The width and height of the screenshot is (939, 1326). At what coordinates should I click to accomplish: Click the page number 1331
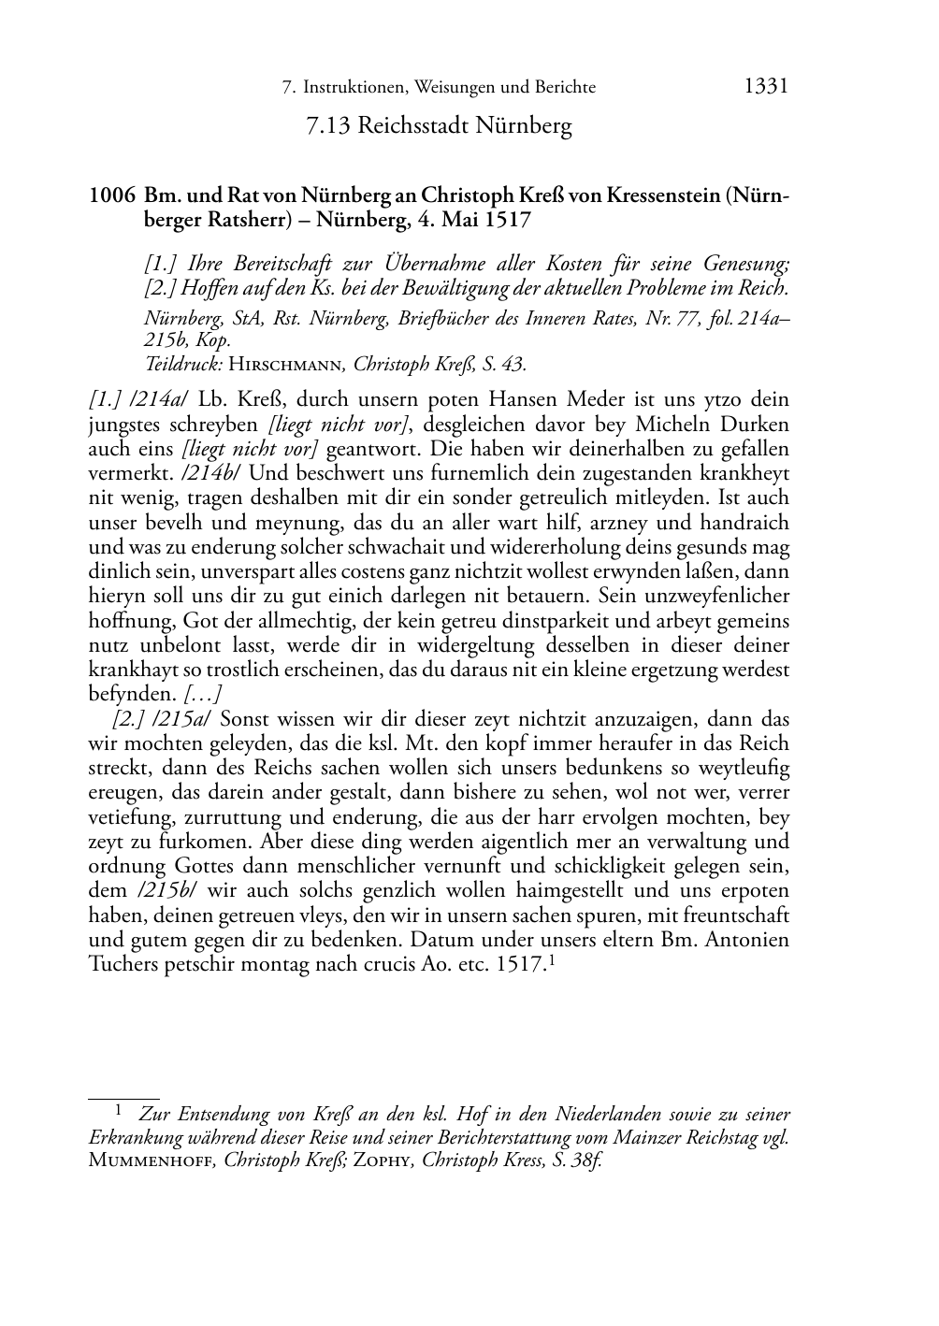click(x=766, y=86)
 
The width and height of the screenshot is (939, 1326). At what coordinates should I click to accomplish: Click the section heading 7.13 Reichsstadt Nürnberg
click(x=439, y=125)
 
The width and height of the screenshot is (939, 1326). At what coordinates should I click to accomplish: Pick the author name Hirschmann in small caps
click(x=286, y=364)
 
